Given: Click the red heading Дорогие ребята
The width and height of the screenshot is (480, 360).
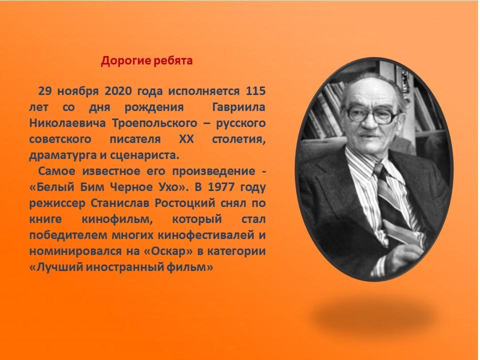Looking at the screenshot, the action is [x=146, y=61].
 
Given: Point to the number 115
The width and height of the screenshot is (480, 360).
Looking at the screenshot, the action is [x=255, y=91].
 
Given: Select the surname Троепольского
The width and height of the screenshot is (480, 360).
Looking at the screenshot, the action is [x=154, y=123].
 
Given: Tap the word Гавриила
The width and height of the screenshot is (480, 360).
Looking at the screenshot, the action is [x=239, y=107].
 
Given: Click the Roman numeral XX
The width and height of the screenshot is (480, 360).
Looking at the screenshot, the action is [x=186, y=139].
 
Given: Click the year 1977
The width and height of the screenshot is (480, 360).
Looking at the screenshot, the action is [x=221, y=187].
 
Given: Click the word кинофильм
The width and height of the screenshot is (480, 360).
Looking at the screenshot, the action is [x=117, y=219].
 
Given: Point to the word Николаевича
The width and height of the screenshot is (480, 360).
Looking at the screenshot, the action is [x=67, y=123].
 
